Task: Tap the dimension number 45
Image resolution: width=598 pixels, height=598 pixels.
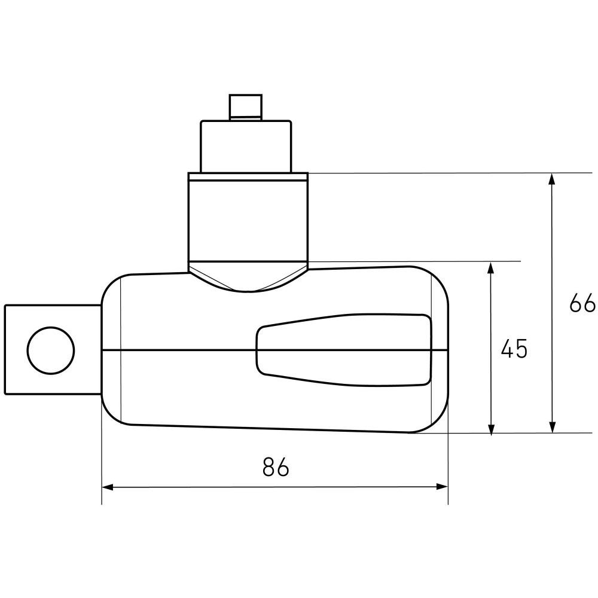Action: (x=514, y=348)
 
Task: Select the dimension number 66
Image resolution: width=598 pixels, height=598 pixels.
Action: (x=582, y=303)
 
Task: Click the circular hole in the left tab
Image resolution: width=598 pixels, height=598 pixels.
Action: (x=51, y=350)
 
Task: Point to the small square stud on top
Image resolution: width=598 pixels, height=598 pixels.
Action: (x=246, y=107)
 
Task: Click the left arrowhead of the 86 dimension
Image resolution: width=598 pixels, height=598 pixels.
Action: (x=108, y=487)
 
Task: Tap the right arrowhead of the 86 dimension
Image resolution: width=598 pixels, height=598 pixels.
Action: (x=442, y=487)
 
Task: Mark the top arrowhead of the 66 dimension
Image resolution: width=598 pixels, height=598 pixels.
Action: (x=551, y=179)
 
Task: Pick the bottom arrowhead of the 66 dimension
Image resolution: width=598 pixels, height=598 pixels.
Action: (x=551, y=427)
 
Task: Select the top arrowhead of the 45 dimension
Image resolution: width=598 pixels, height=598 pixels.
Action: (x=491, y=268)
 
